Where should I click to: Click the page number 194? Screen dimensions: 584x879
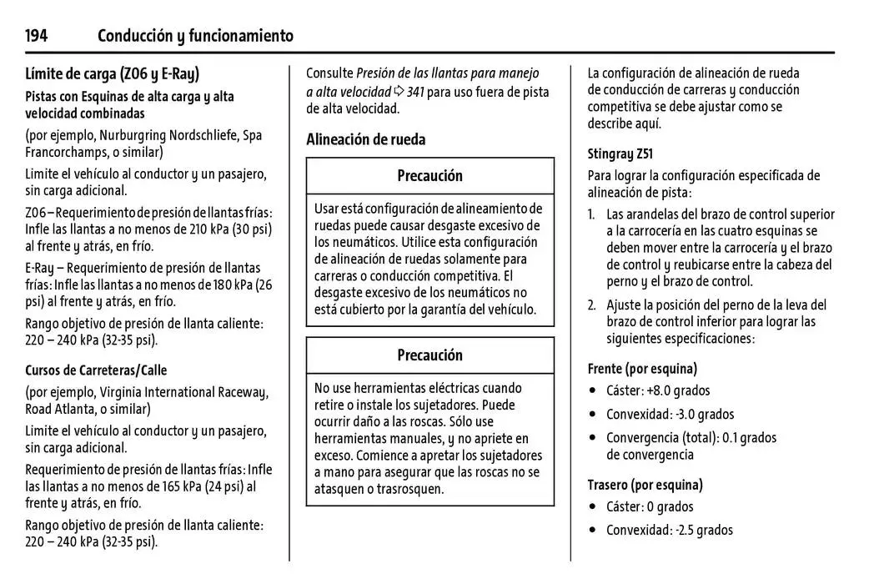coord(36,35)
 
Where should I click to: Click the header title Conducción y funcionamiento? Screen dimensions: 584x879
coord(195,35)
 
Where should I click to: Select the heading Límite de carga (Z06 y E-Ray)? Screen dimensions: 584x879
coord(113,73)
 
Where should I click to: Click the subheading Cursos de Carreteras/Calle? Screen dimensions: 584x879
coord(96,370)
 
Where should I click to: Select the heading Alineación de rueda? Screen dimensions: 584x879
coord(365,139)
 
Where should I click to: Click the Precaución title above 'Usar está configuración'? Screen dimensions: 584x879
coord(429,176)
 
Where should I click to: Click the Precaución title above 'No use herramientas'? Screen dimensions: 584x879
coord(429,355)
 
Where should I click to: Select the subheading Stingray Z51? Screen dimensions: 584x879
coord(620,154)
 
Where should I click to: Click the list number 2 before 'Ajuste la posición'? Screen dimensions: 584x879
coord(591,305)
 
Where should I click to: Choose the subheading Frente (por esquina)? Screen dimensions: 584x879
coord(642,369)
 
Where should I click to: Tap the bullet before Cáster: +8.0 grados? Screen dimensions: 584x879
coord(592,391)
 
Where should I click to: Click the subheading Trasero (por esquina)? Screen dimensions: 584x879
coord(645,485)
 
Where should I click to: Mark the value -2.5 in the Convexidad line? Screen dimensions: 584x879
coord(686,531)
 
